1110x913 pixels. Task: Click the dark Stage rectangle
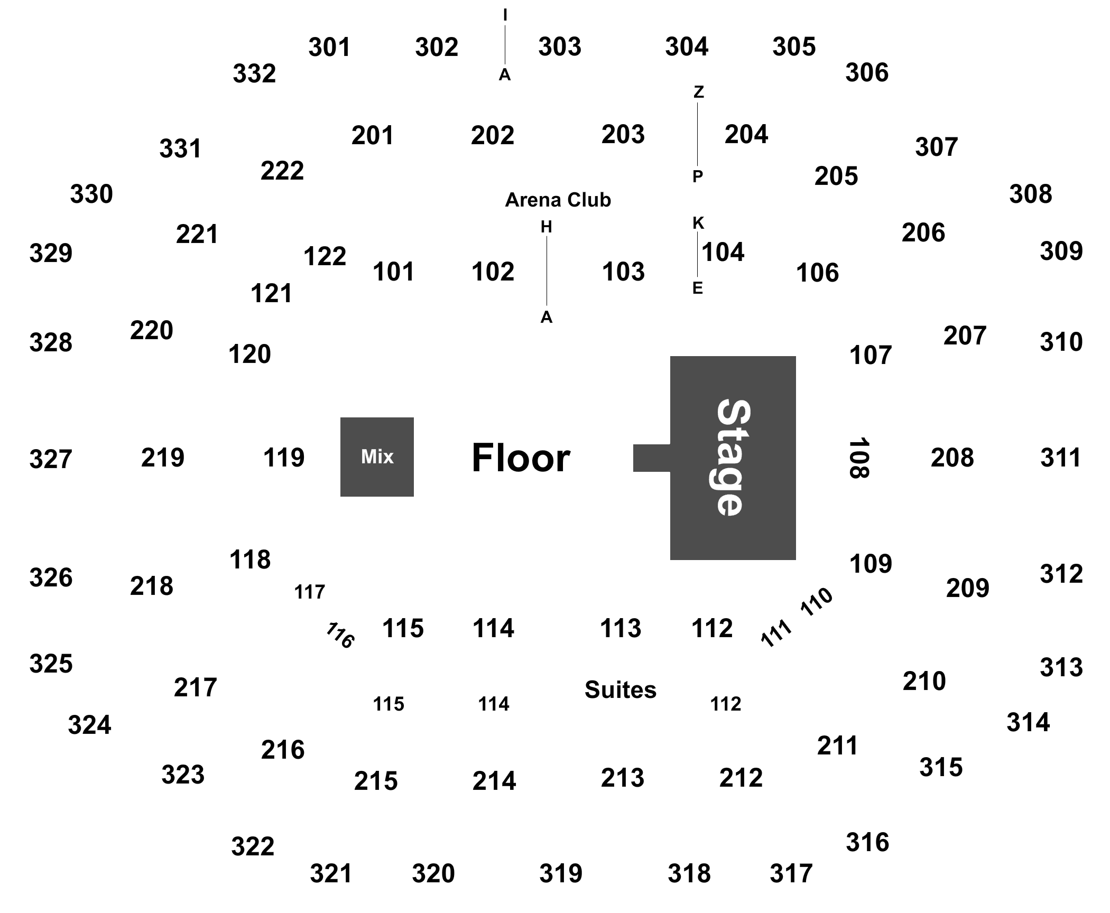pos(733,458)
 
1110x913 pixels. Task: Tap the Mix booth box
pos(377,457)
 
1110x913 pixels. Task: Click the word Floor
pos(521,458)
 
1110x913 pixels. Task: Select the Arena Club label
pos(558,200)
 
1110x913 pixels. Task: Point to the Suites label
pos(621,690)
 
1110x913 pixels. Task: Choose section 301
pos(329,47)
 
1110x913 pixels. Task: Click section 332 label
pos(254,73)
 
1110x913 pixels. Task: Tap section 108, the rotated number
pos(859,458)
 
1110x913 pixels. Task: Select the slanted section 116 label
pos(339,635)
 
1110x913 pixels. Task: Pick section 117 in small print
pos(309,592)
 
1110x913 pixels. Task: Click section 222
pos(282,171)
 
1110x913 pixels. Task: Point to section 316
pos(867,842)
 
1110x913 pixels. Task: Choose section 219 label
pos(163,458)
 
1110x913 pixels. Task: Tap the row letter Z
pos(699,92)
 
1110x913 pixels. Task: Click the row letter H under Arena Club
pos(546,227)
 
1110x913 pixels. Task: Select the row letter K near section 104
pos(698,223)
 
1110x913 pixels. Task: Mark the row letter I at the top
pos(505,16)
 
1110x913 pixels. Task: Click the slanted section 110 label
pos(817,601)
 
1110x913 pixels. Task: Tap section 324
pos(89,725)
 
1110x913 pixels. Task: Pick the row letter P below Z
pos(698,176)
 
